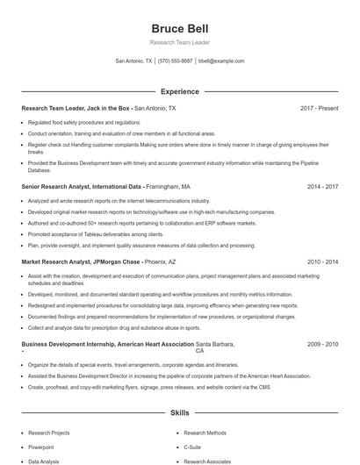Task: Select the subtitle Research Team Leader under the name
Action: (179, 41)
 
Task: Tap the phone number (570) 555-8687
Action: (176, 61)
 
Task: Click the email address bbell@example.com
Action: (221, 61)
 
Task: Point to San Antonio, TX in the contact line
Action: (133, 61)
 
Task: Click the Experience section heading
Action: (179, 91)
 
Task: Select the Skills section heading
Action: (179, 411)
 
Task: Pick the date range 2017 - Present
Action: (319, 109)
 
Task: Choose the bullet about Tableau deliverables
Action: (96, 234)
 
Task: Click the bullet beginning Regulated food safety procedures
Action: (84, 122)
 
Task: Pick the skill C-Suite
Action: (194, 447)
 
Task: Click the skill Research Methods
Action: (205, 433)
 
